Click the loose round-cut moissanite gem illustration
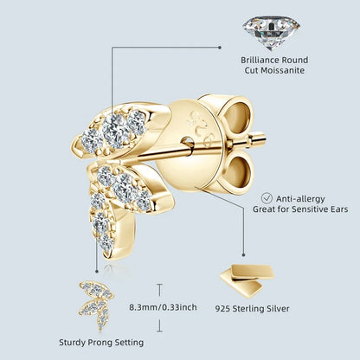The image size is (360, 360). (271, 32)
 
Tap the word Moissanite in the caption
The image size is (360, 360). (286, 70)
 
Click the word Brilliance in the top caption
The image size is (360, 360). (260, 60)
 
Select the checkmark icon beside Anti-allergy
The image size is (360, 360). (267, 198)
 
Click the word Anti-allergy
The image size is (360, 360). (300, 199)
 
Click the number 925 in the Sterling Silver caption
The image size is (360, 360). (222, 309)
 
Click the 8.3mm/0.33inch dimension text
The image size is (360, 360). (163, 307)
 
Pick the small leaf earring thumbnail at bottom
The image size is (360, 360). (96, 305)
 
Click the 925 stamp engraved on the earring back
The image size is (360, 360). (199, 127)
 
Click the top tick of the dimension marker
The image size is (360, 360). (159, 285)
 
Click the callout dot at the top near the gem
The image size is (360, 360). (220, 47)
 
